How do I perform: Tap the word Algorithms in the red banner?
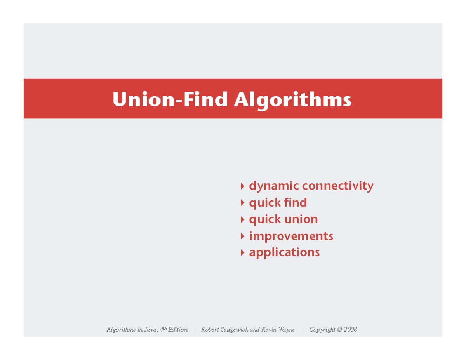pyautogui.click(x=293, y=101)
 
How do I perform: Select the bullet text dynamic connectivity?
pyautogui.click(x=311, y=186)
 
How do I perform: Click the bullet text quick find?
pyautogui.click(x=278, y=203)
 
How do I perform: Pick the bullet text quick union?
pyautogui.click(x=283, y=219)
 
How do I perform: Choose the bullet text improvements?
pyautogui.click(x=291, y=236)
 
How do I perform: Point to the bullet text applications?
pyautogui.click(x=284, y=252)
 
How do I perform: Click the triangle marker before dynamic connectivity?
pyautogui.click(x=242, y=186)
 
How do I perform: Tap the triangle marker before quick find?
pyautogui.click(x=242, y=203)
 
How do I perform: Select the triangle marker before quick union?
pyautogui.click(x=242, y=219)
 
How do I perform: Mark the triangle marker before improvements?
pyautogui.click(x=242, y=236)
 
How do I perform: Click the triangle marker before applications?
pyautogui.click(x=242, y=253)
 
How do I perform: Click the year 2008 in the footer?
pyautogui.click(x=350, y=330)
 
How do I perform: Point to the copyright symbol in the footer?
pyautogui.click(x=339, y=330)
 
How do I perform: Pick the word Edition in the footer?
pyautogui.click(x=178, y=330)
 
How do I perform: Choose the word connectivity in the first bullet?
pyautogui.click(x=337, y=186)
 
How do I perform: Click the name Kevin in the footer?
pyautogui.click(x=269, y=330)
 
